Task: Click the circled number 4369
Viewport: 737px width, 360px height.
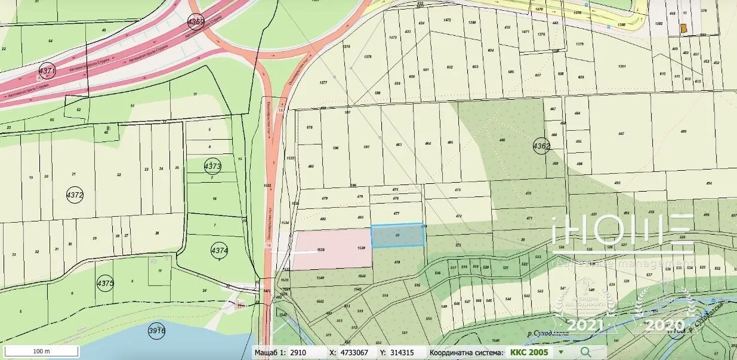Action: [x=196, y=22]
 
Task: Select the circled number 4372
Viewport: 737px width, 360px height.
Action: [x=75, y=195]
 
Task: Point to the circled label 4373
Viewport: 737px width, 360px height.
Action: [x=212, y=166]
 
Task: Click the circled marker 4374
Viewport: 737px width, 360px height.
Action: [x=220, y=251]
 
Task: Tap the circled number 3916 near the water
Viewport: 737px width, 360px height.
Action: [x=156, y=330]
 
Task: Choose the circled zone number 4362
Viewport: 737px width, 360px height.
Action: [x=541, y=146]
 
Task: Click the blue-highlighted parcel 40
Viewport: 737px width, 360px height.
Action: [x=398, y=236]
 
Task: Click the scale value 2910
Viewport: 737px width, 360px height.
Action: [x=298, y=352]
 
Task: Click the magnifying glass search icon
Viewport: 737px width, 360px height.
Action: [x=585, y=352]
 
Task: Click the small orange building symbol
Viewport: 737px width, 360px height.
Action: [x=683, y=29]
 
